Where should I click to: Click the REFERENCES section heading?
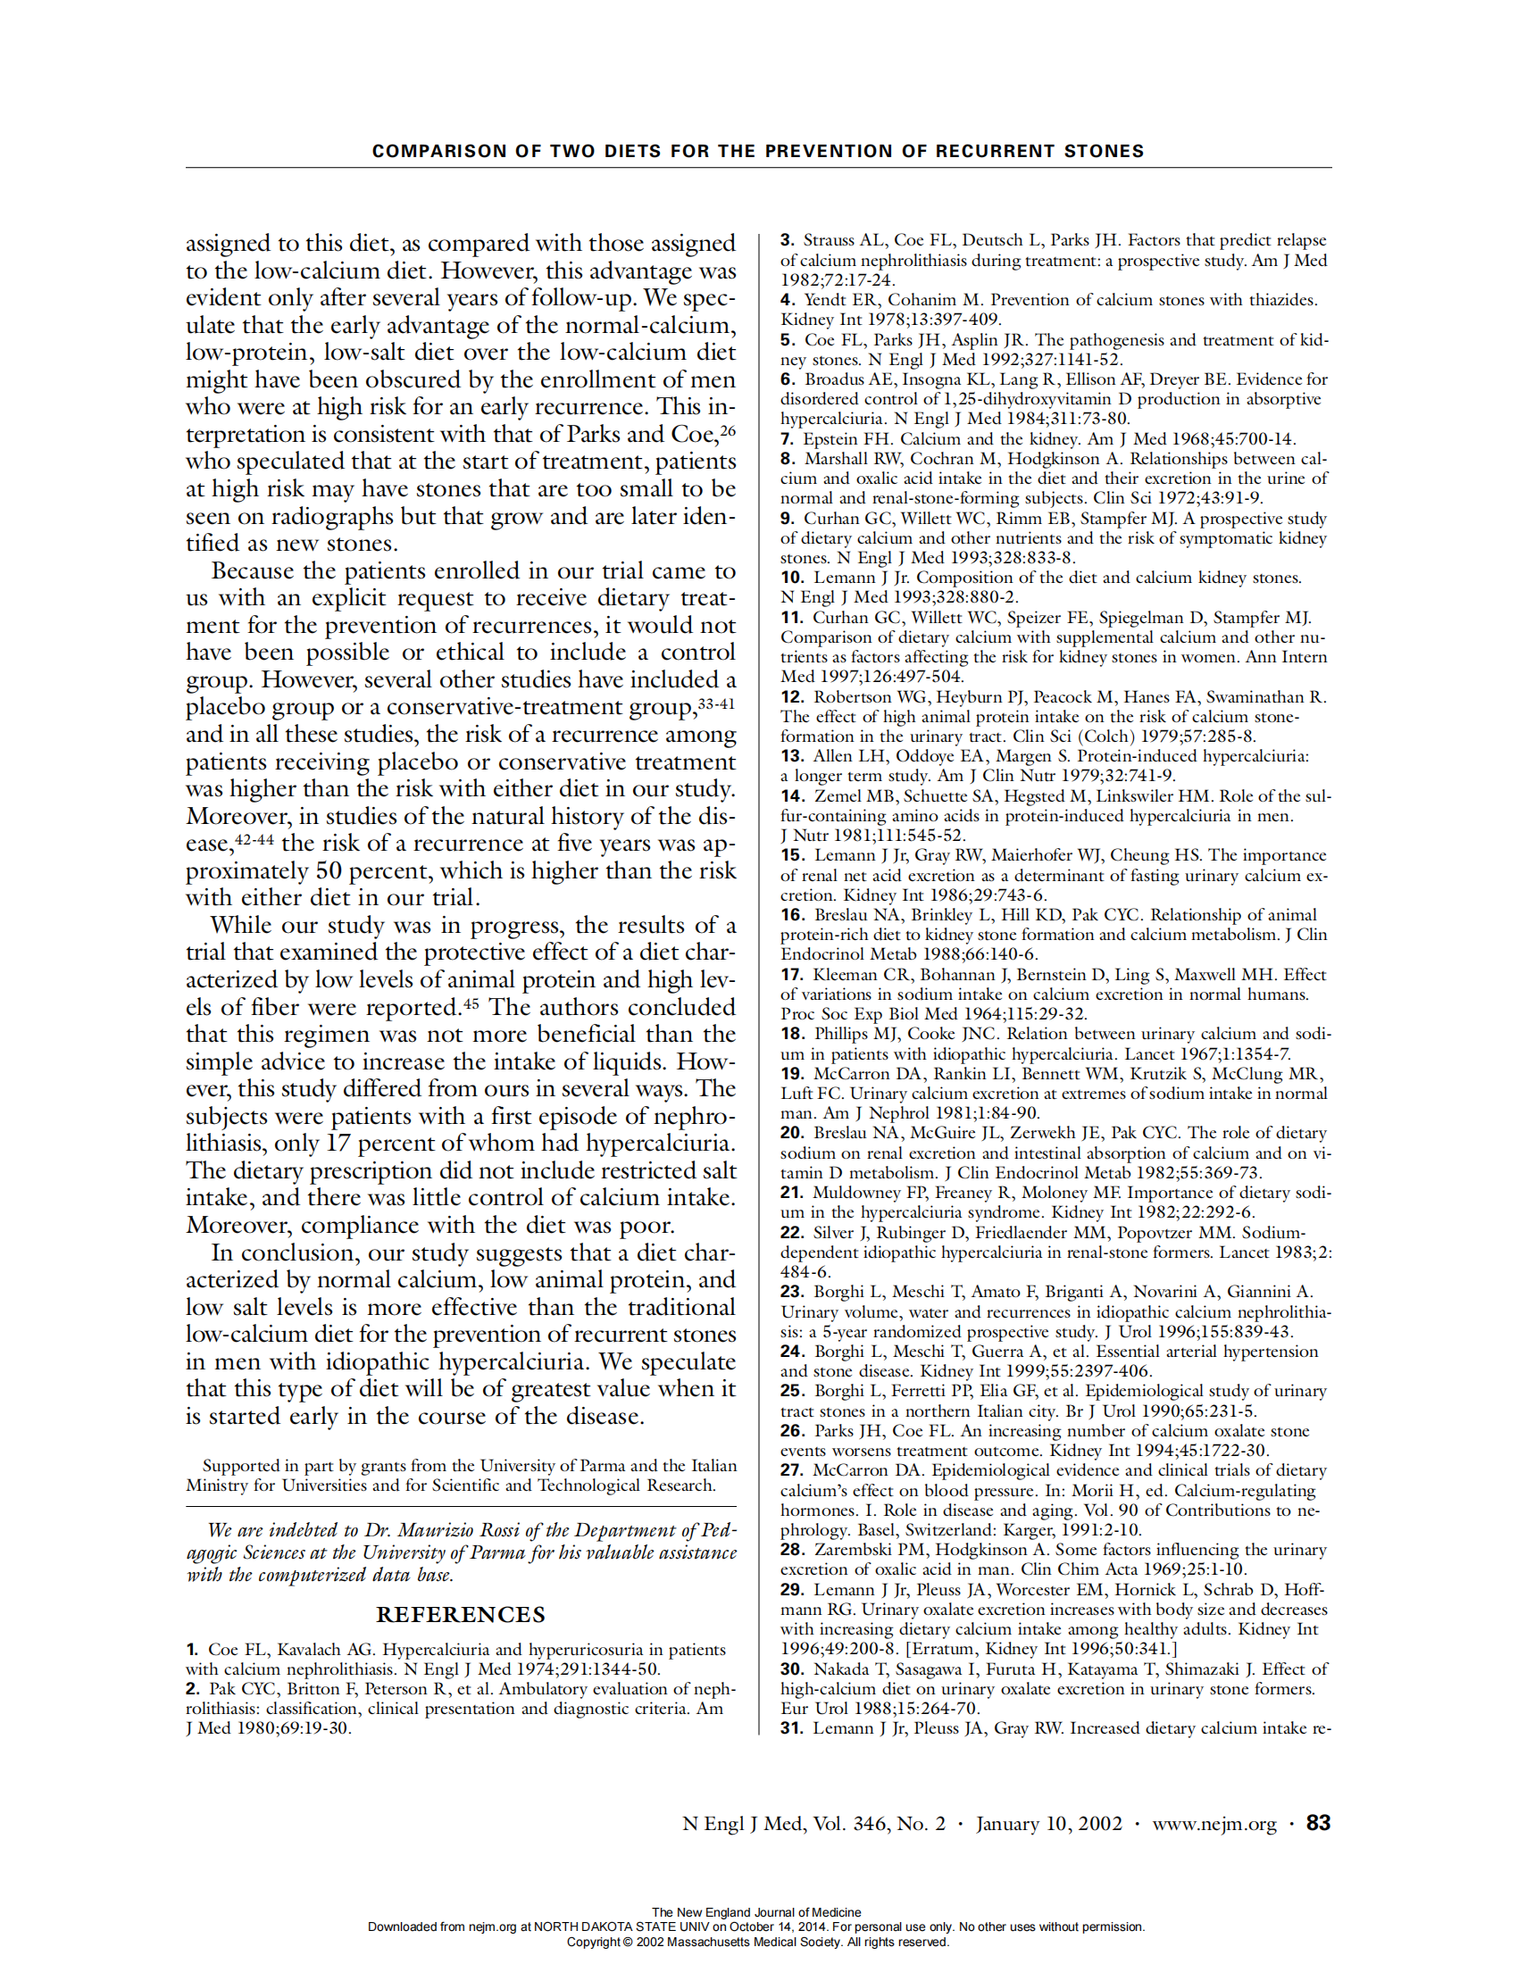pos(461,1614)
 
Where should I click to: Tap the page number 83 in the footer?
pos(1317,1823)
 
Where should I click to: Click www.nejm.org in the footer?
pos(1214,1824)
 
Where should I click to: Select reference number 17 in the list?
pos(791,974)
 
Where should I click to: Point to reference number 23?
pos(791,1292)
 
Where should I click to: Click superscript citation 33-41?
pos(716,703)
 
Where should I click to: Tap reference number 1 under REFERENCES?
pos(192,1649)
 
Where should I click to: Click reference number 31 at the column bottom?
pos(791,1728)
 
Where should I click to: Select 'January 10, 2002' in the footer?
pos(1048,1824)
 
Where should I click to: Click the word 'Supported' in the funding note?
pos(241,1466)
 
